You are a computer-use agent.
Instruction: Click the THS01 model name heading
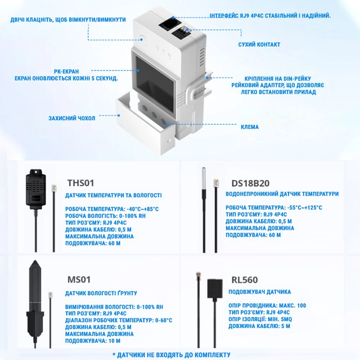tap(80, 183)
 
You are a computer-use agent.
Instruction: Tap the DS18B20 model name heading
tap(250, 183)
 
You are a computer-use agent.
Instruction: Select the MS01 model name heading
tap(79, 280)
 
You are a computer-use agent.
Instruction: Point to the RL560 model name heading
tap(245, 280)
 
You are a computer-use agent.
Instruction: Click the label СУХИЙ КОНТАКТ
tap(259, 44)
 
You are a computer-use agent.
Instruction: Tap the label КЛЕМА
tap(250, 127)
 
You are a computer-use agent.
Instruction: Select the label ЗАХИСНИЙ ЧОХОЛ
tap(71, 118)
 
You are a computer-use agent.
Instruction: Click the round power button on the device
tap(142, 39)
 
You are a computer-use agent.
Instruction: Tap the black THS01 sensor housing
tap(36, 187)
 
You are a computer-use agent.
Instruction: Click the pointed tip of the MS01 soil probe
tap(35, 261)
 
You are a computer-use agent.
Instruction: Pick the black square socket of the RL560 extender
tap(215, 289)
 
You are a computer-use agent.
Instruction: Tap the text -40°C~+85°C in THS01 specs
tap(142, 209)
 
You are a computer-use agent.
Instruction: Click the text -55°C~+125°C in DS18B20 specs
tap(305, 208)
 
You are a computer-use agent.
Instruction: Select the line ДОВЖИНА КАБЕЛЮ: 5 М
tap(259, 326)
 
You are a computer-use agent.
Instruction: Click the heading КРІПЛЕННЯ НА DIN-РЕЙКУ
tap(278, 79)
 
